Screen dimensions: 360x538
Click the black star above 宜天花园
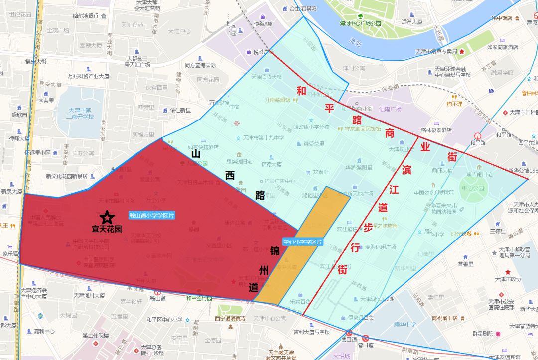pos(107,217)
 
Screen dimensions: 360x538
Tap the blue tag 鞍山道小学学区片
pos(152,215)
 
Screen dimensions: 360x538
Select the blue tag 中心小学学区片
pos(303,242)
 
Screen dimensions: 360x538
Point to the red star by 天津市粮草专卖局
pos(462,51)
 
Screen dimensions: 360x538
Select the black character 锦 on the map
pos(274,250)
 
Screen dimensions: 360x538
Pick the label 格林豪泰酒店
pos(435,130)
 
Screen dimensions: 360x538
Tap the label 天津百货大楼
pos(267,77)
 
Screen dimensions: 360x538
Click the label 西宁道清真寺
pos(231,318)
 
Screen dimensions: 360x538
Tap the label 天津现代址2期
pos(377,299)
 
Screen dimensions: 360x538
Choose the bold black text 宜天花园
pos(107,230)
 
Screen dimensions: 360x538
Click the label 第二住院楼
pos(95,335)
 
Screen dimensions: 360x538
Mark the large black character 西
pos(230,176)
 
